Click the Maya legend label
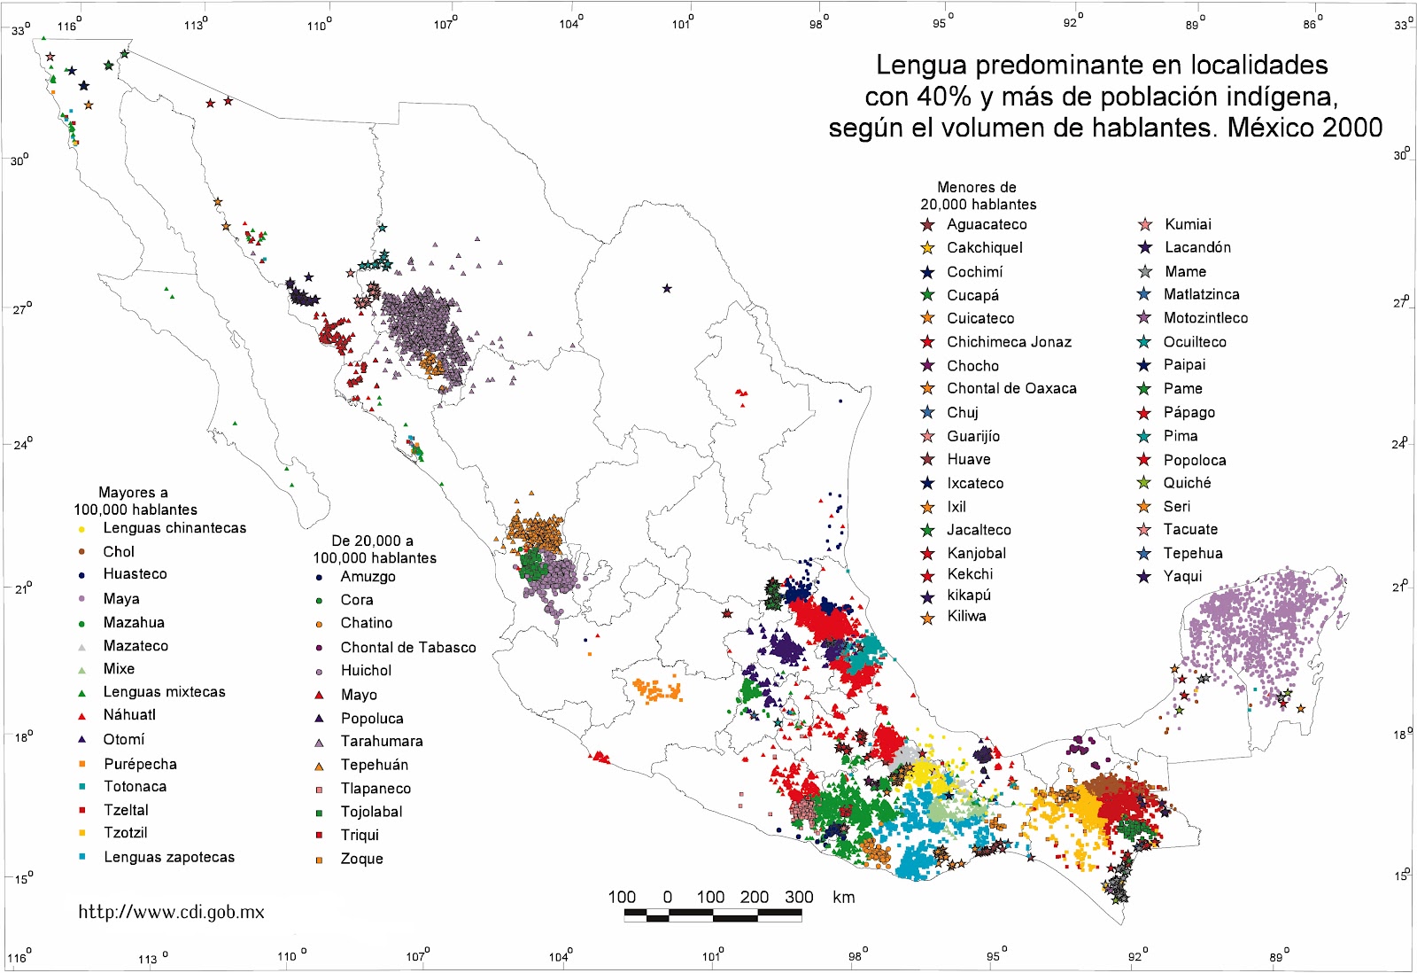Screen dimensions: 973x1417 (x=121, y=599)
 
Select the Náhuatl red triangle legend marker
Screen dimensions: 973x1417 (x=81, y=716)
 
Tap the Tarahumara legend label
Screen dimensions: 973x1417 (x=382, y=741)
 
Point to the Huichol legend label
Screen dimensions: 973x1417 (x=366, y=671)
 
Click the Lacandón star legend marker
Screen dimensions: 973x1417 (x=1145, y=248)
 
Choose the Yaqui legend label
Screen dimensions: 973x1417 (x=1182, y=576)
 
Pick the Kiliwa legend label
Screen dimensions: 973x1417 (x=966, y=616)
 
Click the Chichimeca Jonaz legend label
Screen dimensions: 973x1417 (x=1009, y=342)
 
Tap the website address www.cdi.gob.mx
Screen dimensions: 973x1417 (x=171, y=912)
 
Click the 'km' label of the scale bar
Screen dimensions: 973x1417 (x=843, y=897)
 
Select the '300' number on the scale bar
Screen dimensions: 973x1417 (x=799, y=897)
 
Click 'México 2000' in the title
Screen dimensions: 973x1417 (x=1305, y=128)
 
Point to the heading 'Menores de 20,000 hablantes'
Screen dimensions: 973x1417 (x=978, y=196)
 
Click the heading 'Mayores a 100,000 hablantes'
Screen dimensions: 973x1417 (x=135, y=501)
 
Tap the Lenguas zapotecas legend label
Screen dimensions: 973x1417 (x=169, y=857)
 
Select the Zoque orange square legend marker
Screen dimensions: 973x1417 (x=319, y=860)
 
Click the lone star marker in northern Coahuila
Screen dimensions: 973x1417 (x=667, y=288)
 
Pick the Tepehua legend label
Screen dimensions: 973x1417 (x=1192, y=553)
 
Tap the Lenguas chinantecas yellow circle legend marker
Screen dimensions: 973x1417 (x=81, y=529)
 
